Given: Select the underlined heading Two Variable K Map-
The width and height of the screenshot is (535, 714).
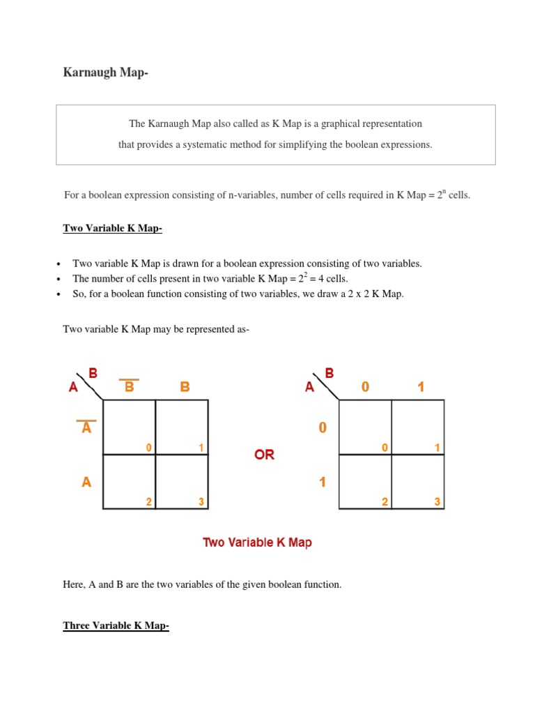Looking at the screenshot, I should click(112, 228).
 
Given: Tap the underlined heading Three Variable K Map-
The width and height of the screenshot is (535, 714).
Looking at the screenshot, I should click(116, 625).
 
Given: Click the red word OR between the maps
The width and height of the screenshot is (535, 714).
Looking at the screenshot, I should click(264, 455).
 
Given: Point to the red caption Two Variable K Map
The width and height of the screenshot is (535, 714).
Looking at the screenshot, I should click(257, 542).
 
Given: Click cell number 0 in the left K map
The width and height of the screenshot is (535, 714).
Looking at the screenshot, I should click(130, 427).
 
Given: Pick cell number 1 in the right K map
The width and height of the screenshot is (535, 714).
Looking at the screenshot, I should click(418, 427).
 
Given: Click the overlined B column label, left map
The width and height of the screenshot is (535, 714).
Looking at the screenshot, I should click(130, 386).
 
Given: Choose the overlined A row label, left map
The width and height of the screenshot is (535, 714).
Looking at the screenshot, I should click(86, 427).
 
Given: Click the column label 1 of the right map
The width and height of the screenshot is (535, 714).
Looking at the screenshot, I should click(421, 386).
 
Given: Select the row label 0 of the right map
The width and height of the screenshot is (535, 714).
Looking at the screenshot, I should click(322, 427).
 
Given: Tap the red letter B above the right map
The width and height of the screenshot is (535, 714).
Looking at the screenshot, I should click(329, 374).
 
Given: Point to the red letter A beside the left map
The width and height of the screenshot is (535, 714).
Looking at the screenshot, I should click(73, 387).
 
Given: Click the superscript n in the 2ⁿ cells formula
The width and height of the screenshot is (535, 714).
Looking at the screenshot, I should click(444, 191).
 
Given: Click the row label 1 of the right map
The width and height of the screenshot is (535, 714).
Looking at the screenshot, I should click(322, 482).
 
